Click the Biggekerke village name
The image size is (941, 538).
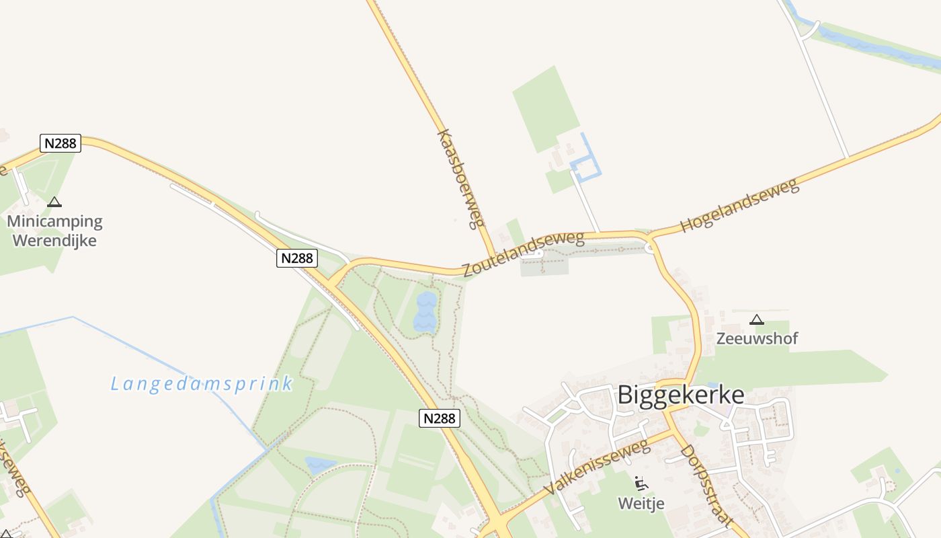pyautogui.click(x=680, y=395)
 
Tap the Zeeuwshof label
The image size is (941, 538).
pyautogui.click(x=757, y=338)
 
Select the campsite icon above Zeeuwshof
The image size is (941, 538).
pyautogui.click(x=757, y=319)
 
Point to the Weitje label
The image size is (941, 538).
pyautogui.click(x=641, y=503)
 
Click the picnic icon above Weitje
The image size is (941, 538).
pyautogui.click(x=641, y=483)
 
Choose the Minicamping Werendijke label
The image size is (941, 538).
pyautogui.click(x=54, y=231)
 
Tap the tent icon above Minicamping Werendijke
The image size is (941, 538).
pyautogui.click(x=54, y=202)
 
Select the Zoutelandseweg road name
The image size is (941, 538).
pyautogui.click(x=523, y=254)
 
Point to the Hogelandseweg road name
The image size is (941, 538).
pyautogui.click(x=739, y=205)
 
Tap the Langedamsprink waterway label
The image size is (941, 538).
pyautogui.click(x=202, y=384)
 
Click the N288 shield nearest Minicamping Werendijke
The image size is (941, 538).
pyautogui.click(x=60, y=143)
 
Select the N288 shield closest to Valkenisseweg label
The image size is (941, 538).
pyautogui.click(x=440, y=418)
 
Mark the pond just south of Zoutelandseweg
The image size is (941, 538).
pyautogui.click(x=425, y=313)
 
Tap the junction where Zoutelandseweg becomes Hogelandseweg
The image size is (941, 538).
pyautogui.click(x=650, y=237)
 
